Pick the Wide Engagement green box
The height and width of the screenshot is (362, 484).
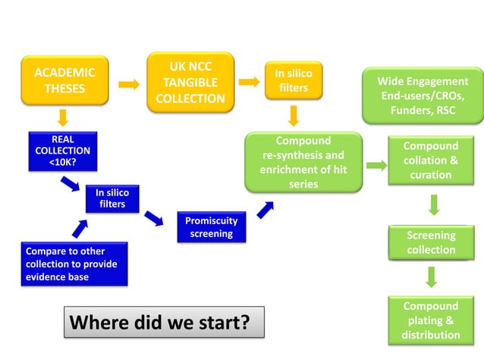[423, 95]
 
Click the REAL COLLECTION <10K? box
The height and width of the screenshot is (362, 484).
[62, 151]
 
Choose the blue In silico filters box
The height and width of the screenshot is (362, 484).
[112, 198]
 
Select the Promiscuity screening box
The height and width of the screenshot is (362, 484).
[211, 227]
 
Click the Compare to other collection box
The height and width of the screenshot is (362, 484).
[73, 264]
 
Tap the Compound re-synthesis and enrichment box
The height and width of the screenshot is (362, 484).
[303, 162]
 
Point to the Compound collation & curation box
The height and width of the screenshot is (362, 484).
[430, 161]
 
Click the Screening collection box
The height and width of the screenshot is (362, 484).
[431, 242]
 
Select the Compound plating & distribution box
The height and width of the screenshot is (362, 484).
[430, 320]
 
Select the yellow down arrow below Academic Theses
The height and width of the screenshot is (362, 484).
[64, 117]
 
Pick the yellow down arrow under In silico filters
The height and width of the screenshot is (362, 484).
[294, 115]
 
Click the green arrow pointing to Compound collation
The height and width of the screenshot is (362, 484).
[376, 165]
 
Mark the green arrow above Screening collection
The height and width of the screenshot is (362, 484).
[431, 204]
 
